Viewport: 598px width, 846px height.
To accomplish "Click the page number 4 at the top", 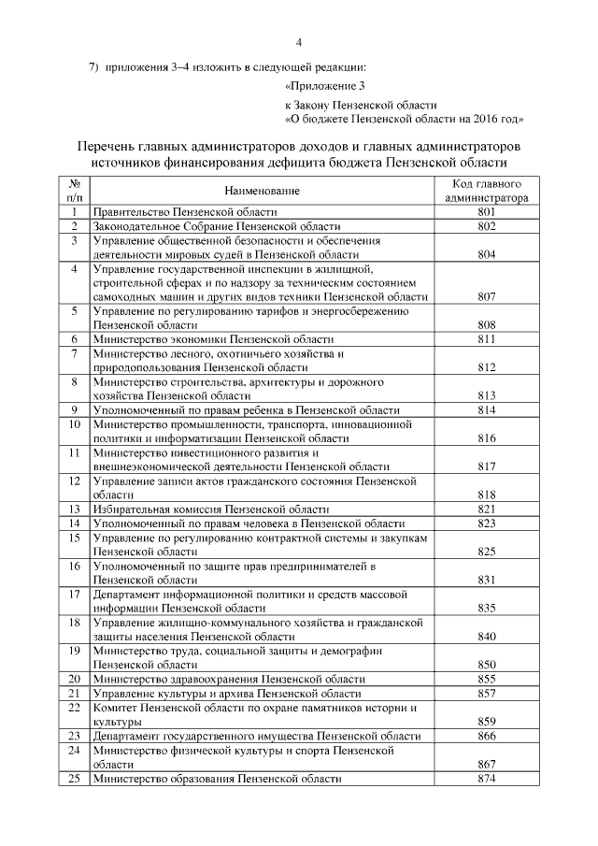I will tap(299, 42).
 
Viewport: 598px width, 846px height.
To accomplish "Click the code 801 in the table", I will tap(486, 213).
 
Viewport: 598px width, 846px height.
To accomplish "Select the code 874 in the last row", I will tap(486, 779).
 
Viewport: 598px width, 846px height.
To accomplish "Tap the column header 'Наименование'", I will tap(262, 191).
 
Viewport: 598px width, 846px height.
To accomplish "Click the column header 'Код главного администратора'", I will tap(486, 191).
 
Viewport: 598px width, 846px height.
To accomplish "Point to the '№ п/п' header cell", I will tap(74, 191).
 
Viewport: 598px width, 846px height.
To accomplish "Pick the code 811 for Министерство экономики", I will tap(486, 339).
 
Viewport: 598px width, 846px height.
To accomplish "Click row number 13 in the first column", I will tap(74, 509).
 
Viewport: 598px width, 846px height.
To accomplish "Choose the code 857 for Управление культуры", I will tap(486, 694).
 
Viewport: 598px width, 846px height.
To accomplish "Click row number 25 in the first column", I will tap(74, 779).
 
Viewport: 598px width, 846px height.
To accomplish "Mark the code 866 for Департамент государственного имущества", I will tap(486, 737).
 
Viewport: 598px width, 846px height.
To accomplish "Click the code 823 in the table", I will tap(486, 523).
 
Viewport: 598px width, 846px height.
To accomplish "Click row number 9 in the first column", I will tap(74, 410).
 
